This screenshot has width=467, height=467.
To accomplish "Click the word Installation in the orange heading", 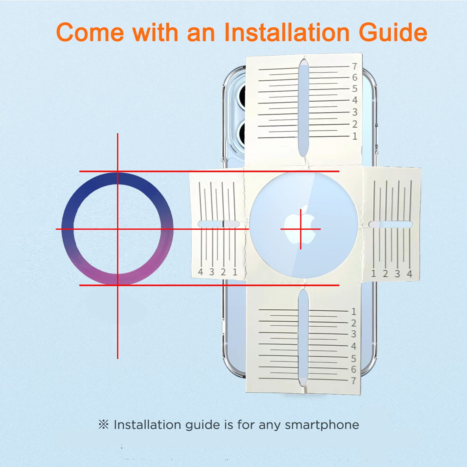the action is tap(287, 32).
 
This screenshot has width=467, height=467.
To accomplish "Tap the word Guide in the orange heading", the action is tap(393, 32).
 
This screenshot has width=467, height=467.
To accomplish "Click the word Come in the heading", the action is tap(90, 33).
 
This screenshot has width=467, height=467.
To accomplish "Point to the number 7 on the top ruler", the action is tap(355, 66).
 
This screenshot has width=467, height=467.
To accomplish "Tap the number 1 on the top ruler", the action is tap(355, 136).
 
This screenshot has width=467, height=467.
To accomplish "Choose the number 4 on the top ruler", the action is tap(355, 100).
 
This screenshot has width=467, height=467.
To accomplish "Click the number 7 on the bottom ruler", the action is tap(354, 381).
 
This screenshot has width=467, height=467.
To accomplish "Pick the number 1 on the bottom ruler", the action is tap(354, 312).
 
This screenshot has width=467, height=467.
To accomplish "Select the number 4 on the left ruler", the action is tap(200, 272).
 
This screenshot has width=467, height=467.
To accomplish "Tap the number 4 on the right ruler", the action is tap(409, 274).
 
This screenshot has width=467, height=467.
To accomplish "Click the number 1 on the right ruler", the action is tap(374, 274).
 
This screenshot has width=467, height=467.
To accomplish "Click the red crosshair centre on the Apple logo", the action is tap(301, 229).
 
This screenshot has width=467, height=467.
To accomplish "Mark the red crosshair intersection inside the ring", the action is tap(118, 229).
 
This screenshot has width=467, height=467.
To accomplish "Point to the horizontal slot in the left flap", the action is tap(218, 224).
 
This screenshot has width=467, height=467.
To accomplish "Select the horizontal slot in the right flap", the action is tap(390, 224).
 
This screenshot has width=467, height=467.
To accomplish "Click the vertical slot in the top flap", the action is tap(304, 108).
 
